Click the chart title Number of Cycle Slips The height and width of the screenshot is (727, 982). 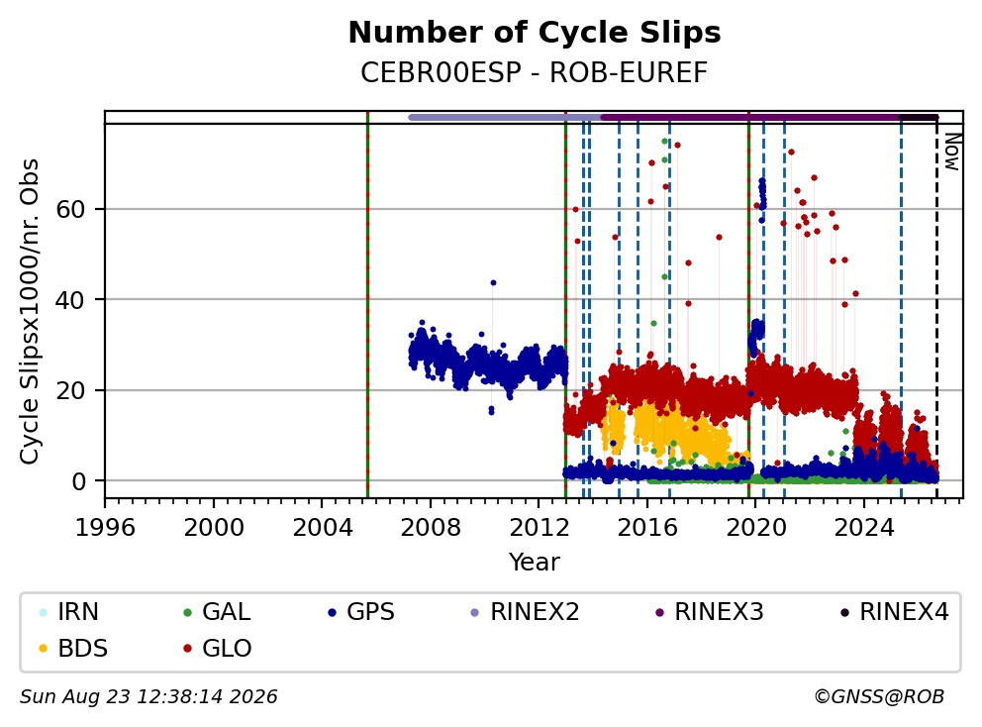coord(535,33)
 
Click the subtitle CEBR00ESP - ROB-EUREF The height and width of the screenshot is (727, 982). coord(535,72)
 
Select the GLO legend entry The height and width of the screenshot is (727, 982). coord(218,648)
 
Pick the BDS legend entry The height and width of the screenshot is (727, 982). coord(73,648)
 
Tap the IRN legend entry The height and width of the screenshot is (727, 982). coord(69,612)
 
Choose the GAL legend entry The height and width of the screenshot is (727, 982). coord(217,612)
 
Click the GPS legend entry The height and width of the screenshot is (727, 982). coord(361,612)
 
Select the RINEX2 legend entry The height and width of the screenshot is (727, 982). coord(525,612)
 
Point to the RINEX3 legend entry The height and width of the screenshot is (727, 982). coord(709,612)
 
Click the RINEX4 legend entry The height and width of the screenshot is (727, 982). coord(894,612)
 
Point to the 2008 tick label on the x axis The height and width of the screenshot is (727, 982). coord(431,528)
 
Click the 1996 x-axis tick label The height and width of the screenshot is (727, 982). coord(105,528)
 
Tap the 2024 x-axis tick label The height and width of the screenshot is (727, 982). coord(863,528)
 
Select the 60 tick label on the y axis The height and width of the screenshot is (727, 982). coord(70,209)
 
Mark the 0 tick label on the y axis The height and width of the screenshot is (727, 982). coord(78,481)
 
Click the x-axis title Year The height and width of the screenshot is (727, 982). coord(535,563)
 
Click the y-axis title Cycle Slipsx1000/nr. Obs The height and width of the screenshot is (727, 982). coord(29,311)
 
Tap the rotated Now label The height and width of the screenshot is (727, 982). coord(952,152)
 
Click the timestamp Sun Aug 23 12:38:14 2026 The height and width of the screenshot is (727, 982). coord(148,697)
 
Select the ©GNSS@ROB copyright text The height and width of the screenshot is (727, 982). coord(879,697)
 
